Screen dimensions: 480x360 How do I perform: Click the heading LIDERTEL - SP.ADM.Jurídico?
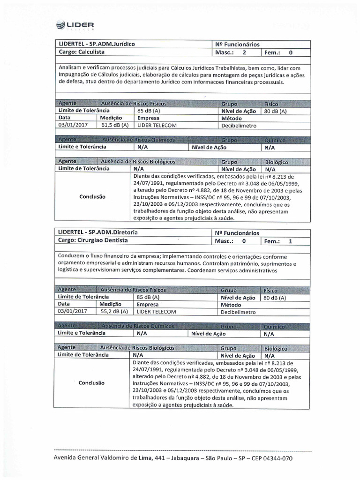[97, 44]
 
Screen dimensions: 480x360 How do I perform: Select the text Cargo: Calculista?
[82, 52]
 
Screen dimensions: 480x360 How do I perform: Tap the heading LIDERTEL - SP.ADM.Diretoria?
[98, 232]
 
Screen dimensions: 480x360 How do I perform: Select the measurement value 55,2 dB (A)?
[114, 311]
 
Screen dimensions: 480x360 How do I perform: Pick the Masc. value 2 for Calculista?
[243, 52]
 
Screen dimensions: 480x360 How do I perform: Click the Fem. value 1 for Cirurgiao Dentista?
[291, 241]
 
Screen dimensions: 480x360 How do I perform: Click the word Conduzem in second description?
[73, 257]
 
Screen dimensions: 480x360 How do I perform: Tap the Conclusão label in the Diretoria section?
[92, 383]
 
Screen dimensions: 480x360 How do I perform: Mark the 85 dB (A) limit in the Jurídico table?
[148, 111]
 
